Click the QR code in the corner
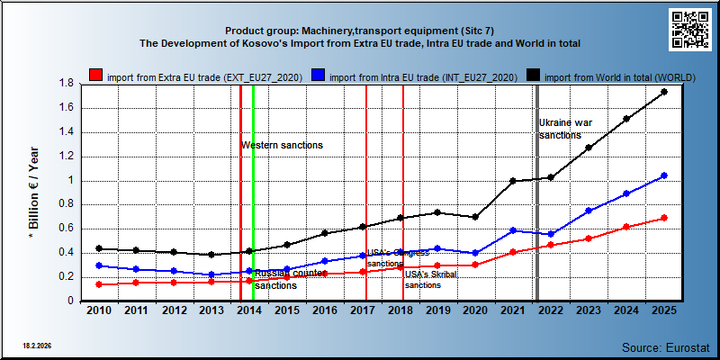690,30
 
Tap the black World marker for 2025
664,92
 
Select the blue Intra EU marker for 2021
513,230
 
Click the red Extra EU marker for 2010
99,284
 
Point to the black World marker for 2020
476,217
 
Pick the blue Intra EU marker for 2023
589,211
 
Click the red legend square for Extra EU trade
95,76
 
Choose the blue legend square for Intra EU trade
319,76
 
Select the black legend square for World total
533,76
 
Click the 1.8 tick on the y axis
67,84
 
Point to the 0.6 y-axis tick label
67,229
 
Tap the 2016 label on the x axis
325,310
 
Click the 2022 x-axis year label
551,310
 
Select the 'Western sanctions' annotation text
283,146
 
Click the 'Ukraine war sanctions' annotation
565,129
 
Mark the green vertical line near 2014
254,193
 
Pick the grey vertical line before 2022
537,193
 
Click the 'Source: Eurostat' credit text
666,346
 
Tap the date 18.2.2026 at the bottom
37,346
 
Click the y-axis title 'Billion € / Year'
34,193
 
